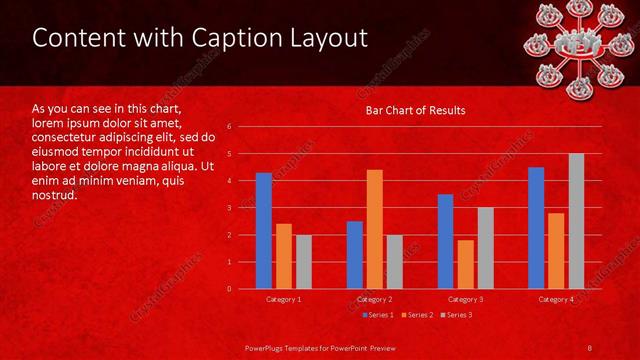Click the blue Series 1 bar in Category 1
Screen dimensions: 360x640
click(264, 231)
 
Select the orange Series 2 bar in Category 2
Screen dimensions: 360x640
click(375, 229)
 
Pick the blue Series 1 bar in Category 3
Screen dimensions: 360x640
click(446, 241)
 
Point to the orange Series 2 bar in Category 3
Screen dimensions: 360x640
click(465, 264)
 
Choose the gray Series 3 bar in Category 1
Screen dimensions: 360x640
click(303, 262)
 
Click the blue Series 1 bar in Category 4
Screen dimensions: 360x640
click(536, 228)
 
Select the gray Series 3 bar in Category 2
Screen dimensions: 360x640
click(394, 262)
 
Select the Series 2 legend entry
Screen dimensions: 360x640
click(416, 315)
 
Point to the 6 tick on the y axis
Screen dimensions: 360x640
click(230, 127)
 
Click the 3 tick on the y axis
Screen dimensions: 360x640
click(230, 208)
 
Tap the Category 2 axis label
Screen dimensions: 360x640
click(375, 299)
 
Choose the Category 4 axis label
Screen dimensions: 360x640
click(556, 299)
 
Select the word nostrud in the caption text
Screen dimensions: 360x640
click(55, 195)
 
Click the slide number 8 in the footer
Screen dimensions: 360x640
click(589, 346)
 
